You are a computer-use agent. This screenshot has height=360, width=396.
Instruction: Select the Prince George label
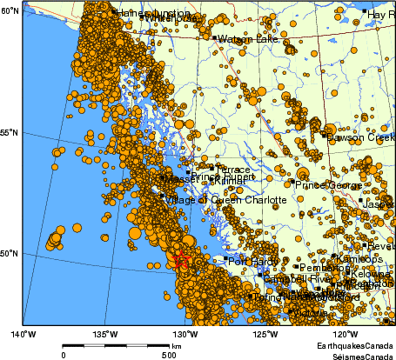pos(327,185)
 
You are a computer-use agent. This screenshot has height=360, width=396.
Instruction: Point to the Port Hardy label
pos(252,260)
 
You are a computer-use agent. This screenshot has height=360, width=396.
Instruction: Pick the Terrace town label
pos(232,170)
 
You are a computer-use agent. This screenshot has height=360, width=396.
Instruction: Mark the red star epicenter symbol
pos(182,261)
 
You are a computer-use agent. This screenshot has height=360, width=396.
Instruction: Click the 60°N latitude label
pos(10,10)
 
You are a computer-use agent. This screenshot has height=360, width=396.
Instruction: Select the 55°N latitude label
pos(10,132)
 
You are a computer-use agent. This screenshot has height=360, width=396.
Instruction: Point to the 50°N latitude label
pos(10,254)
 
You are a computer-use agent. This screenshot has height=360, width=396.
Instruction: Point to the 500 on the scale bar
pos(169,355)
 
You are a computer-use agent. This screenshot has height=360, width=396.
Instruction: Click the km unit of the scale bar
pos(176,346)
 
